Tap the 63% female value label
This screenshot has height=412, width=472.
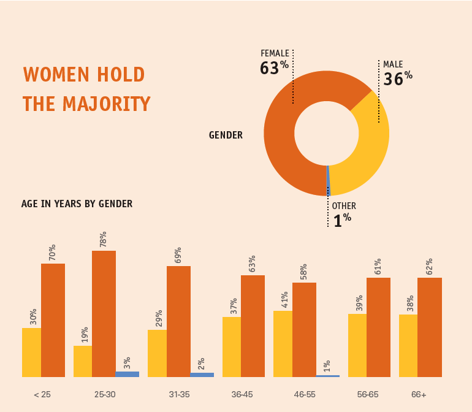(x=274, y=67)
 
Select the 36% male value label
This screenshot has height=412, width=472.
(x=398, y=78)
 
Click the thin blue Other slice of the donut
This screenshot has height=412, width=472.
(x=329, y=181)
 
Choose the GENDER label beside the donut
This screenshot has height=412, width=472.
(x=226, y=135)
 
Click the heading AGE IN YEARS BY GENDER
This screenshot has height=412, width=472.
(x=77, y=204)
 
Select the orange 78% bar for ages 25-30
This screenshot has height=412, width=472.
(x=104, y=313)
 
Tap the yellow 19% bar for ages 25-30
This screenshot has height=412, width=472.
(x=82, y=361)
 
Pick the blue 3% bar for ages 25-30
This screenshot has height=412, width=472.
(x=127, y=374)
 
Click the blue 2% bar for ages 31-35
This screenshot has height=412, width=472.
(x=202, y=375)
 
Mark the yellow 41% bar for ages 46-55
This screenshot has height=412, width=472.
(x=283, y=343)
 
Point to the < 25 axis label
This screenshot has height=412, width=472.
(x=42, y=394)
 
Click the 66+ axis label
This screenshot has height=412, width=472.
(x=419, y=394)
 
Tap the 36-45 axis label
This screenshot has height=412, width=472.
(x=243, y=394)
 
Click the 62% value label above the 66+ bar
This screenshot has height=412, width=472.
(x=429, y=267)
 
